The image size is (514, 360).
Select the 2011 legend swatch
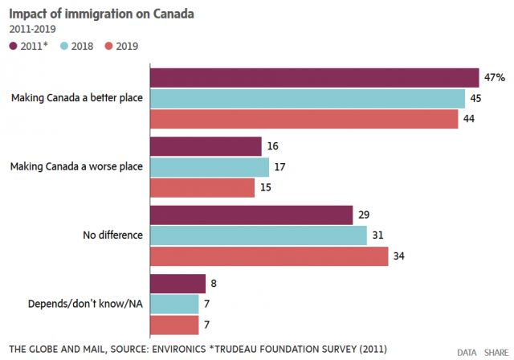(x=14, y=46)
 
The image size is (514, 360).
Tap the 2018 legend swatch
(x=62, y=46)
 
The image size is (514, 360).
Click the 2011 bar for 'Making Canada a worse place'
(x=206, y=146)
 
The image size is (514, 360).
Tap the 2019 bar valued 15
(x=202, y=187)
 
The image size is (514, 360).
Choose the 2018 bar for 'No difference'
(x=258, y=235)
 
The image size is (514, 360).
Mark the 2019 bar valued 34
(x=268, y=256)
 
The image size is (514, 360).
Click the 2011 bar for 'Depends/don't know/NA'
(x=177, y=284)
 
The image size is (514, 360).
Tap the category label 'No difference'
(x=113, y=235)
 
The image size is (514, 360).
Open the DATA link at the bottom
(x=467, y=352)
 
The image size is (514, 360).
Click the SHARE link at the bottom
(x=496, y=352)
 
